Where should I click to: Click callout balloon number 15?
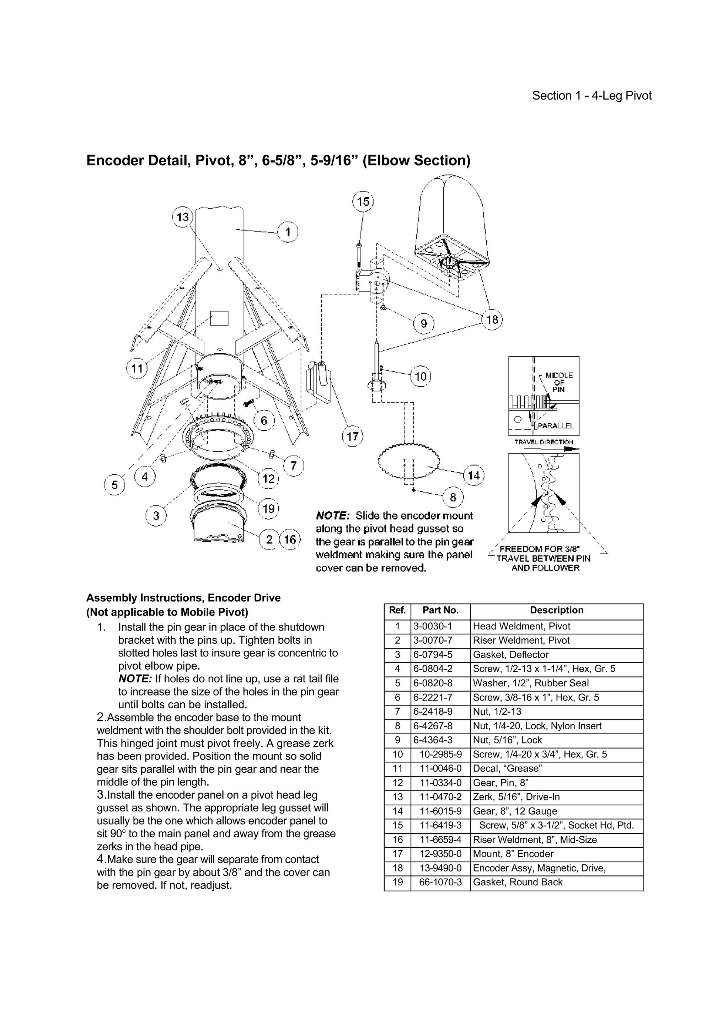pos(363,202)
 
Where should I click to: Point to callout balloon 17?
pos(353,436)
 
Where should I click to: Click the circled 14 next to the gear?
pos(474,476)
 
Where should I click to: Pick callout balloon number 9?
pos(424,323)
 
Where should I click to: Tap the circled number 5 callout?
pos(115,485)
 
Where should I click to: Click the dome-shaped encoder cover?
pos(451,211)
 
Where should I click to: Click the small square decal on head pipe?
pos(219,318)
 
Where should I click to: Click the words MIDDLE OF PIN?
pos(559,382)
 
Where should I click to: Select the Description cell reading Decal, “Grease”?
pos(507,768)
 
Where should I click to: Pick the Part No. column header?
pos(440,610)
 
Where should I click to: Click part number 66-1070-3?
pos(440,882)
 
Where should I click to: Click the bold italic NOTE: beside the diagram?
pos(332,516)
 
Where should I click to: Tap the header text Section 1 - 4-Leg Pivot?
pos(591,96)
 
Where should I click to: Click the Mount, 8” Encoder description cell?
pos(513,854)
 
